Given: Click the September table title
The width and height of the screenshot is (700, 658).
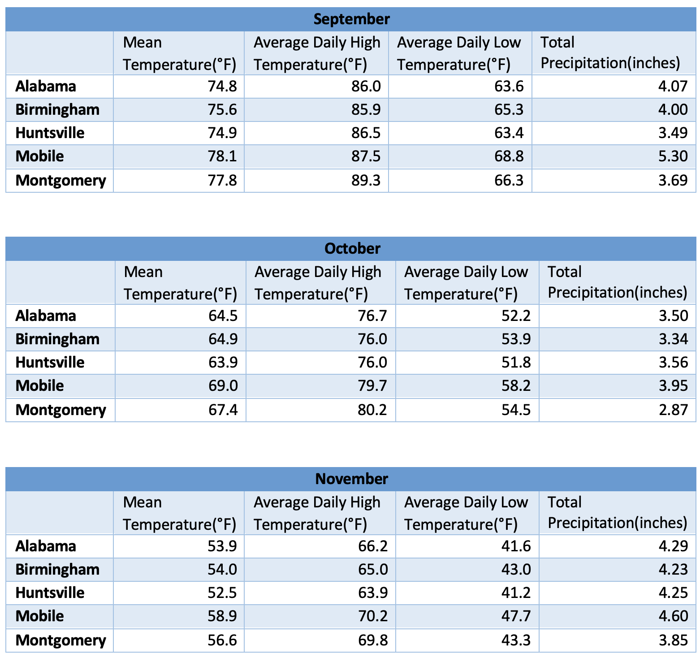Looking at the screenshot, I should [x=351, y=19].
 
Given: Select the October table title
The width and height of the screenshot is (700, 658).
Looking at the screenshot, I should [x=352, y=249].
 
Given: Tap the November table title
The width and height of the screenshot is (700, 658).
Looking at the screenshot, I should [x=351, y=479].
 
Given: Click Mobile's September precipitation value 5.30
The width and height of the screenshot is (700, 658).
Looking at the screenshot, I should [x=673, y=156].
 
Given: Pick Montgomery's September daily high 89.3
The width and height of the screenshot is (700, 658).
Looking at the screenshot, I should [x=366, y=180].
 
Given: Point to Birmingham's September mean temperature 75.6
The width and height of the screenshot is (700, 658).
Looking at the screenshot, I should [x=222, y=110].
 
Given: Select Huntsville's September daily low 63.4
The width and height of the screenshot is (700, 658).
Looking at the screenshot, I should [x=509, y=133].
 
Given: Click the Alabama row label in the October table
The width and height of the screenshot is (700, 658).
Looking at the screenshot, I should [x=46, y=316].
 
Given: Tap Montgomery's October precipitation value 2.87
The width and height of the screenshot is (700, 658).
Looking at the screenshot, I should [x=673, y=410].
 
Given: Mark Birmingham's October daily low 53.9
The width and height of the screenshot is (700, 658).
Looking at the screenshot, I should [x=516, y=339].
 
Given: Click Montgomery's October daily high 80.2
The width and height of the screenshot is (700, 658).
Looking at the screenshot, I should [x=372, y=410].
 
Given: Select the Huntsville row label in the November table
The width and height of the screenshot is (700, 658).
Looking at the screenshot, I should [x=50, y=593].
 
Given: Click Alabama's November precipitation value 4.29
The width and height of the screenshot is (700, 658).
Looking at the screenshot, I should [x=673, y=546].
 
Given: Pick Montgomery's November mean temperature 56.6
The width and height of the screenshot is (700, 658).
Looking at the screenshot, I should [x=222, y=640].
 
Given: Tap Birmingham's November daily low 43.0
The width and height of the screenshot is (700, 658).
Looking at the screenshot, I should [x=516, y=570].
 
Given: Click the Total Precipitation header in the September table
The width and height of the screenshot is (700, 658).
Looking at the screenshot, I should [x=610, y=53].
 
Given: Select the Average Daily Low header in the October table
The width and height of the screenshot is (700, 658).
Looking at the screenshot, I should [x=466, y=283].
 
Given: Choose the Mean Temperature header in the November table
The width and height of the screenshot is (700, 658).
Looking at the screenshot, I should [x=179, y=513].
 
